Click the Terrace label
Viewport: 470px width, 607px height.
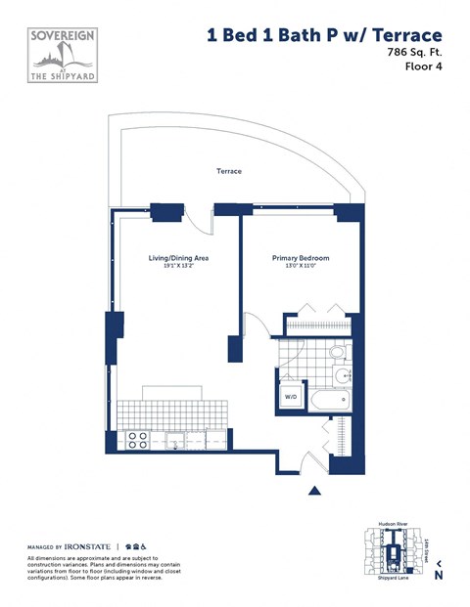pos(229,172)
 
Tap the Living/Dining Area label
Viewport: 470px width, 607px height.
pos(178,258)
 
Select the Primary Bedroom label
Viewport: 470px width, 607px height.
pos(300,258)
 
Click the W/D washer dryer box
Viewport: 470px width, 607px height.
pos(290,397)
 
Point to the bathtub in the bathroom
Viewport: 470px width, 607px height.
pos(328,400)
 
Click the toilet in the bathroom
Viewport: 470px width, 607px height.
pos(337,352)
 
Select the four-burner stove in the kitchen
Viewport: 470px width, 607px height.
pos(138,440)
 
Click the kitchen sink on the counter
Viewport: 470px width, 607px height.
pos(176,440)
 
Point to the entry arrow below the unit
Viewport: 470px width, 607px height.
pos(314,491)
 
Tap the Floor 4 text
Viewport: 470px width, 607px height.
pos(424,67)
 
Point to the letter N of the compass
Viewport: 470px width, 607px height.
pos(439,576)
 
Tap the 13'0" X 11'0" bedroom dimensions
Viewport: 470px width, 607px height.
pos(300,267)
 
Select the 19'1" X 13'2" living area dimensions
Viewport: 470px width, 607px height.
pos(178,267)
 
